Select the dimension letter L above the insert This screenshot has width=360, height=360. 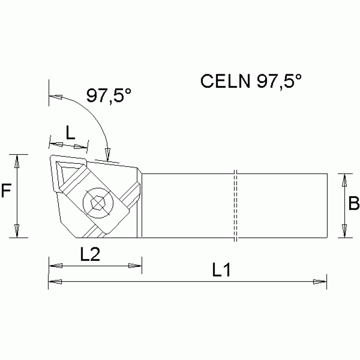[69, 133]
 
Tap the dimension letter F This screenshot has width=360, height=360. [6, 191]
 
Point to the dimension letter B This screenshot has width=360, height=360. [354, 204]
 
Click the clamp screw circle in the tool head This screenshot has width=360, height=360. [97, 203]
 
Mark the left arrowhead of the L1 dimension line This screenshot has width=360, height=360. [55, 282]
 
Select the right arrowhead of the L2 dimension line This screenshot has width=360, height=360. [135, 266]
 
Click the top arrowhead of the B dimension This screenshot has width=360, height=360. [345, 180]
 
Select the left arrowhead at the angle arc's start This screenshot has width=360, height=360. [56, 97]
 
